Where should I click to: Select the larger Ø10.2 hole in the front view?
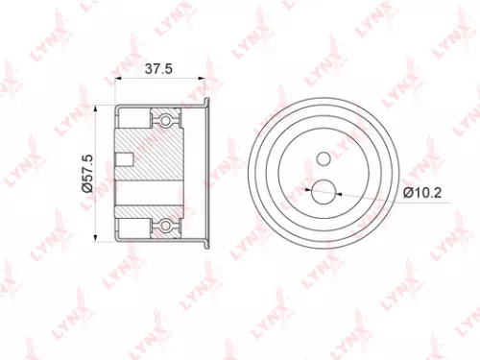click(324, 190)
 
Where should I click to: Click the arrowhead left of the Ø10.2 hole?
click(309, 190)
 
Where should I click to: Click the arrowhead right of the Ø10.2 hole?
click(338, 191)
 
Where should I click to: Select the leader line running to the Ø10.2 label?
click(370, 194)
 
